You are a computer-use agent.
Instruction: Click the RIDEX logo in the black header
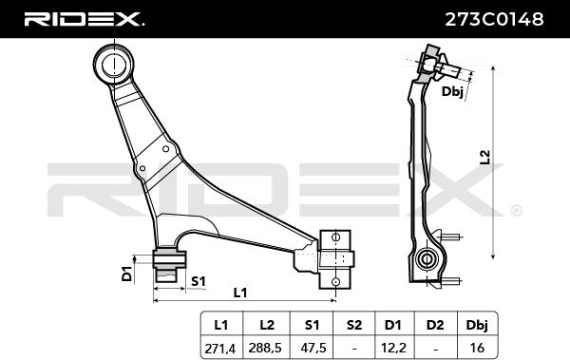coord(85,19)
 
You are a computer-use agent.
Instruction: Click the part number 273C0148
coord(494,19)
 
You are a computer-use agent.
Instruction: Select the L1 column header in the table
coord(221,325)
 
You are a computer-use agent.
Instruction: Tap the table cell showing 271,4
coord(220,349)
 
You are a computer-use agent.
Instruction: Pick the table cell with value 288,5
coord(265,348)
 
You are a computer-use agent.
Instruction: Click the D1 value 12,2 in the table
coord(393,348)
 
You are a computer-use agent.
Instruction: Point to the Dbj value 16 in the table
coord(477,348)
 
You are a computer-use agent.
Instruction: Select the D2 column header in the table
coord(435,325)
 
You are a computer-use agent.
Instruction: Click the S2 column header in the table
coord(354,325)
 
